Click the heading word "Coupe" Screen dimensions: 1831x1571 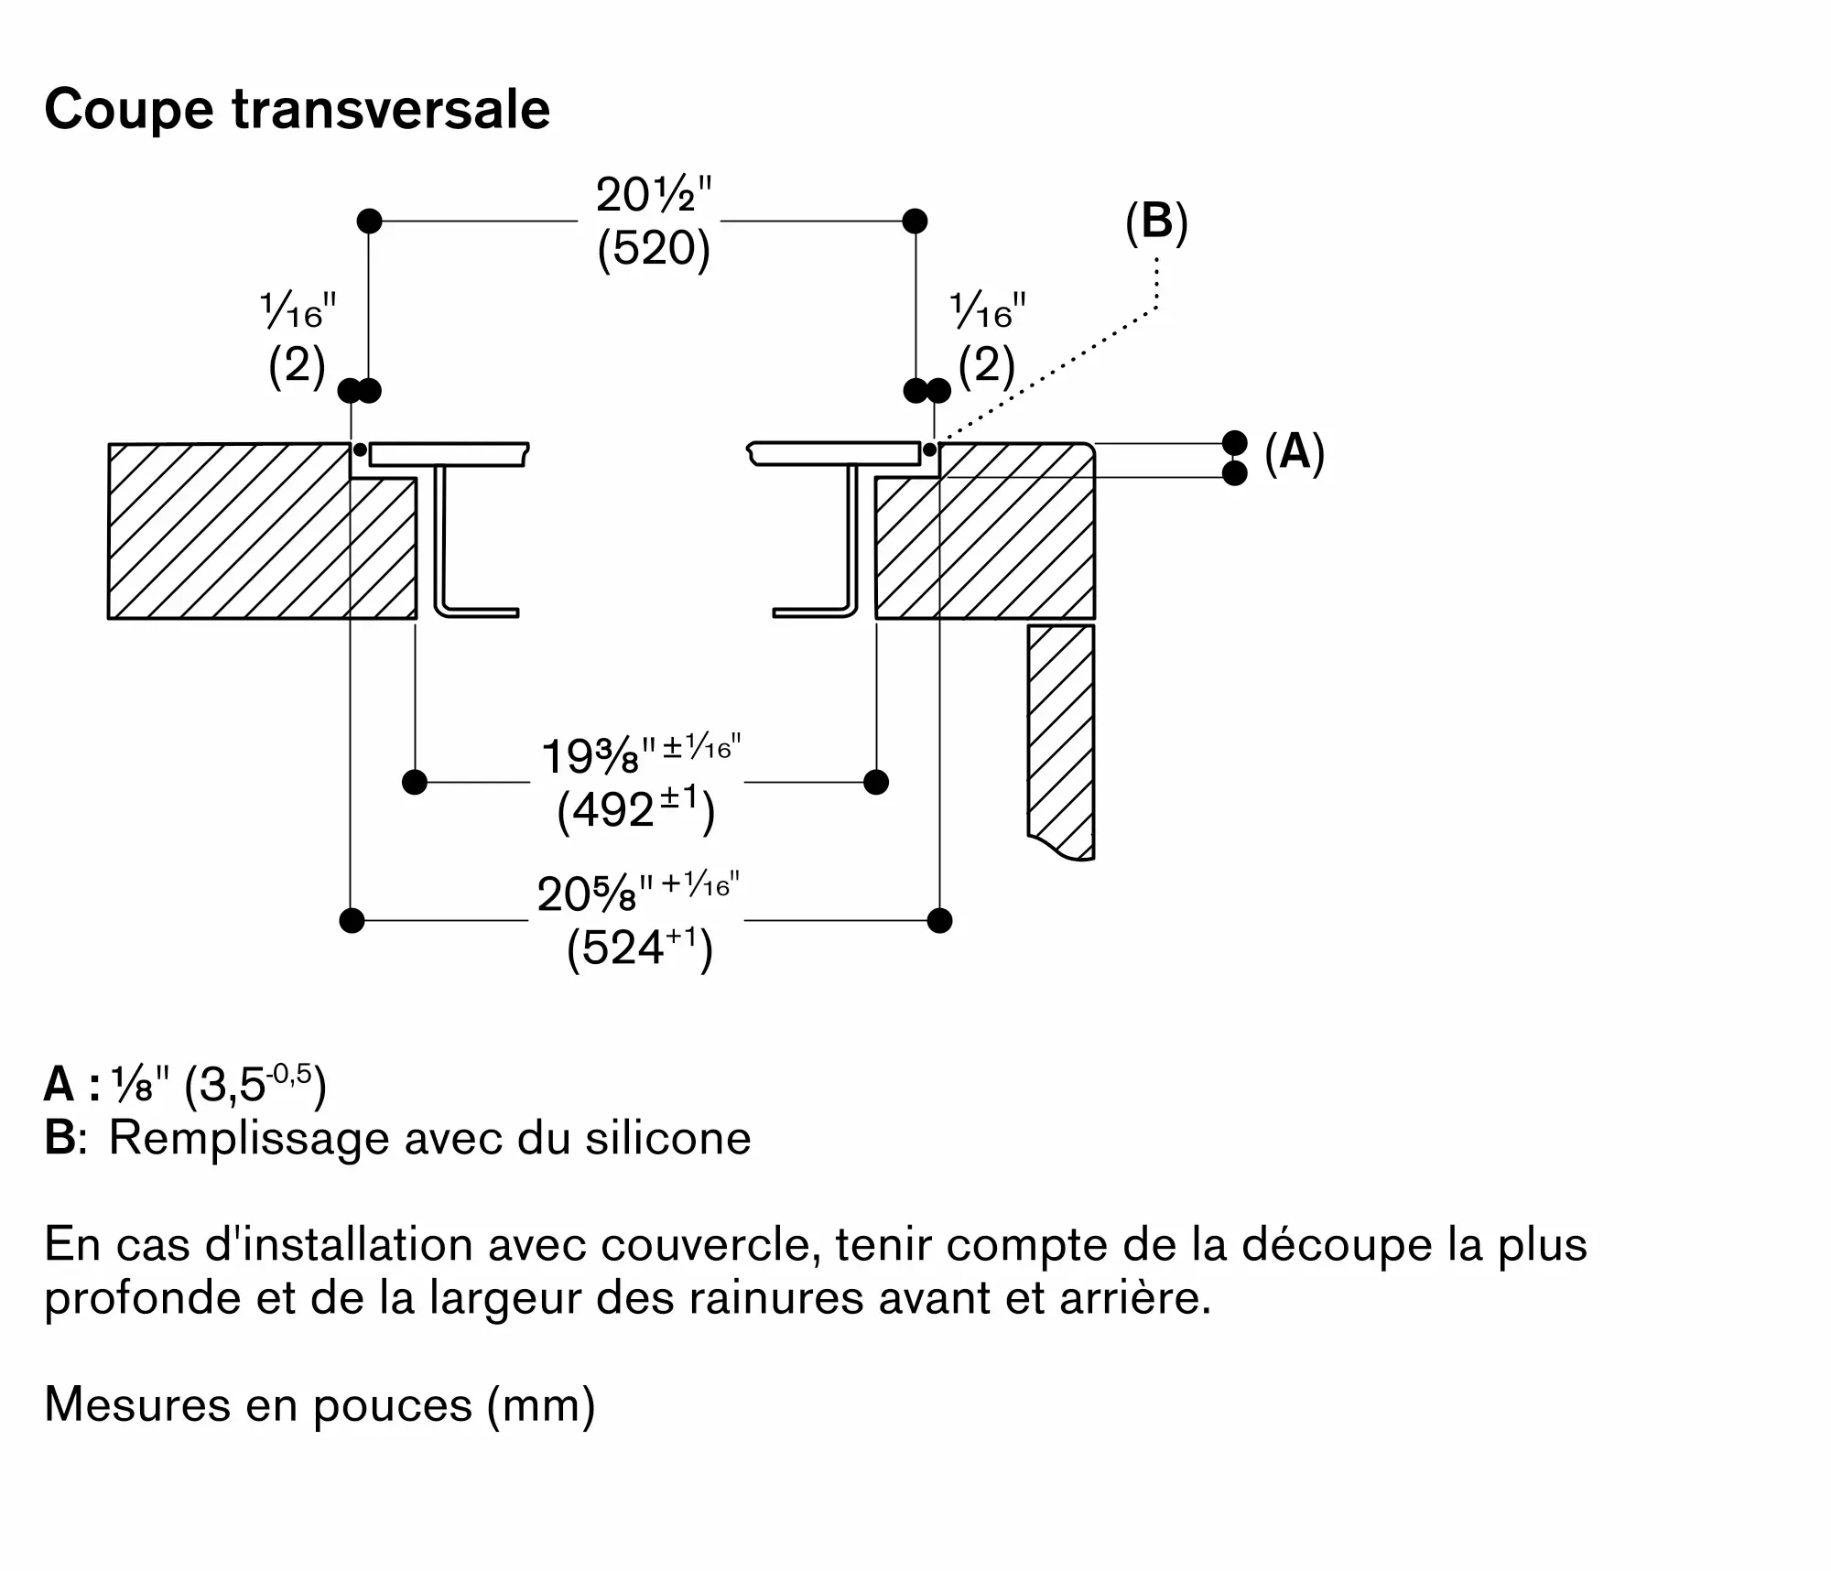pos(128,110)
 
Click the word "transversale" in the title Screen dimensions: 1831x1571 pos(391,110)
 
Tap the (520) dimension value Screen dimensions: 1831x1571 pos(653,248)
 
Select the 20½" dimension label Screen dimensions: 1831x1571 pos(653,195)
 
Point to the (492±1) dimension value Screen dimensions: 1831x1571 pos(635,810)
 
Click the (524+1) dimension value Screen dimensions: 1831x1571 pos(639,948)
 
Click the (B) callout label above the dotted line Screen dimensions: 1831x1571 pos(1156,222)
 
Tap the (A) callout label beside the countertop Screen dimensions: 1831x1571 pos(1294,452)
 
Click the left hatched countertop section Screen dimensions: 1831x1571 pos(229,531)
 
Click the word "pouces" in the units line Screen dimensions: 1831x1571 pos(393,1404)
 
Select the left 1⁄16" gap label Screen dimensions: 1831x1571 pos(298,312)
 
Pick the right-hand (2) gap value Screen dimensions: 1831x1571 pos(987,366)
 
